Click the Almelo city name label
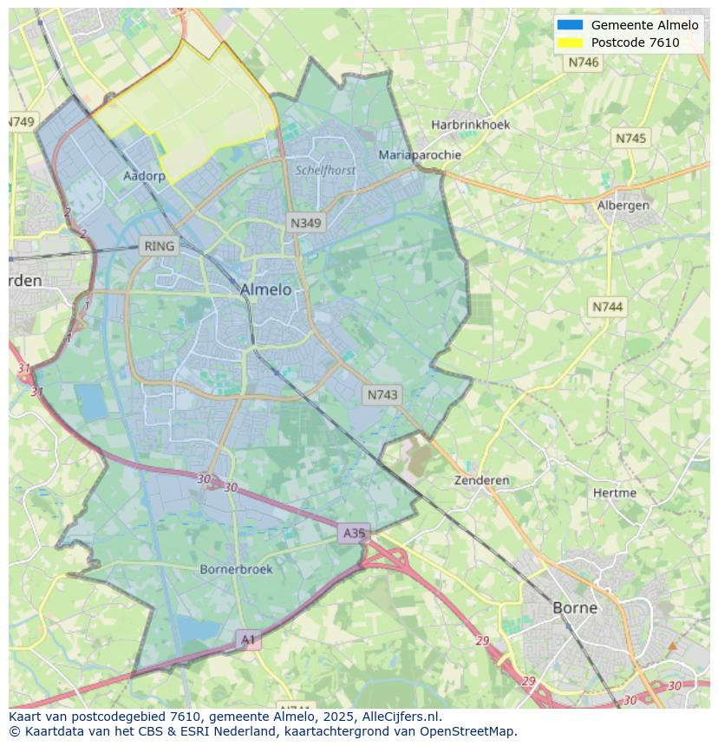(265, 289)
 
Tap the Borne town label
(575, 607)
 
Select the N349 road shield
(305, 223)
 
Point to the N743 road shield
(382, 394)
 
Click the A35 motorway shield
(354, 533)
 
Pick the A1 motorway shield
(248, 640)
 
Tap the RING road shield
(160, 246)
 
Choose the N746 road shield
(584, 62)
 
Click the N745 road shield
(630, 139)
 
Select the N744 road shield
(608, 307)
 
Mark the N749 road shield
(22, 122)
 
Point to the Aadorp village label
(144, 176)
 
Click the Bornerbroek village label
(236, 569)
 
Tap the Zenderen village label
(482, 480)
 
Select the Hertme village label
(615, 493)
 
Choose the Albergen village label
(623, 205)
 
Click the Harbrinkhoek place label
(471, 125)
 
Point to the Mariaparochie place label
(420, 155)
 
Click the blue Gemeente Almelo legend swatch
(570, 25)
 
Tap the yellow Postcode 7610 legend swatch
(570, 42)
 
